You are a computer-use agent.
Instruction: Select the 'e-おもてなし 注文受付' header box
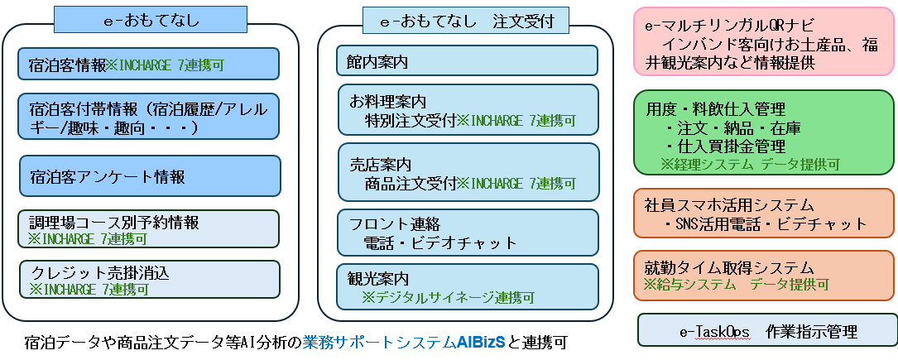(466, 20)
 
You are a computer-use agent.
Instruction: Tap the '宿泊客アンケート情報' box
(149, 176)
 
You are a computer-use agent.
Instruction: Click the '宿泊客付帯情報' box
(149, 117)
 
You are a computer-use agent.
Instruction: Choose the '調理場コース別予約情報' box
(149, 229)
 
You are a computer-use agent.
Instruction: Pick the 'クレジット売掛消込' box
(149, 280)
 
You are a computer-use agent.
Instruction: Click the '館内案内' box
(467, 60)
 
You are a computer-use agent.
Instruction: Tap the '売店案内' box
(467, 172)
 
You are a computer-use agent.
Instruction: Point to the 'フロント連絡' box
(467, 232)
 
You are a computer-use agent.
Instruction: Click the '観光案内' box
(467, 286)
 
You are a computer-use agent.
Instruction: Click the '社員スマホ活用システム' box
(763, 214)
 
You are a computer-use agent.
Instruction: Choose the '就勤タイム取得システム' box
(763, 275)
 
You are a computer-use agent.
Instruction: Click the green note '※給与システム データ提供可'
(736, 285)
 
